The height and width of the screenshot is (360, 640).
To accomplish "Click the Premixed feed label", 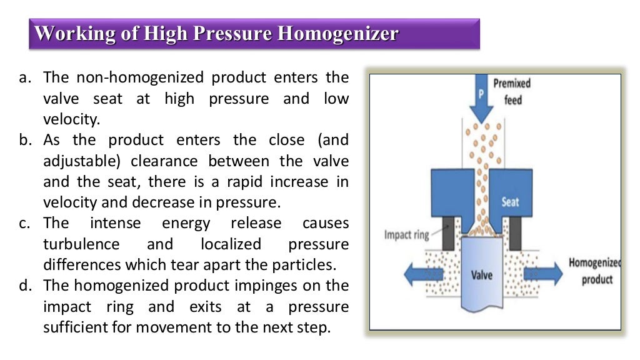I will [x=512, y=91].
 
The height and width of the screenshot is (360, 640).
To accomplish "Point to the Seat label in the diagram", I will [x=510, y=202].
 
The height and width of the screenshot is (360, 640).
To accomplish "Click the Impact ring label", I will [x=406, y=235].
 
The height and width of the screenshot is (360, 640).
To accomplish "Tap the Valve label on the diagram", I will [x=481, y=274].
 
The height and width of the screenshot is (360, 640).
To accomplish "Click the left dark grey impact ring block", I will [x=448, y=232].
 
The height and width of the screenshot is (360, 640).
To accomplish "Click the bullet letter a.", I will [x=25, y=78].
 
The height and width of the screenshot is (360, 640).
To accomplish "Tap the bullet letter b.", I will [x=25, y=140].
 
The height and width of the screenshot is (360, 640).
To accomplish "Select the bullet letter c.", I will [x=25, y=223].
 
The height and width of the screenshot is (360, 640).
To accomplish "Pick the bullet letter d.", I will [x=25, y=286].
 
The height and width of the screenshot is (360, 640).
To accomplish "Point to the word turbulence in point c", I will [x=81, y=244].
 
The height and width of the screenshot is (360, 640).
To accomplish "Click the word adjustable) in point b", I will [x=83, y=161].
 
